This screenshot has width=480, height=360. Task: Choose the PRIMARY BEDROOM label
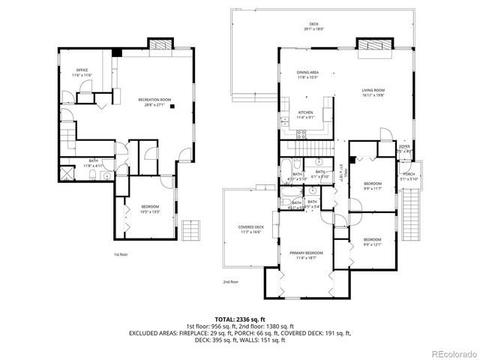click(x=306, y=253)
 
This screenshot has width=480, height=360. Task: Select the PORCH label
click(x=409, y=174)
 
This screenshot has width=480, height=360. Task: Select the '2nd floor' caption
click(x=229, y=282)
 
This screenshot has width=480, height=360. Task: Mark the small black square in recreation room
click(x=172, y=106)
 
